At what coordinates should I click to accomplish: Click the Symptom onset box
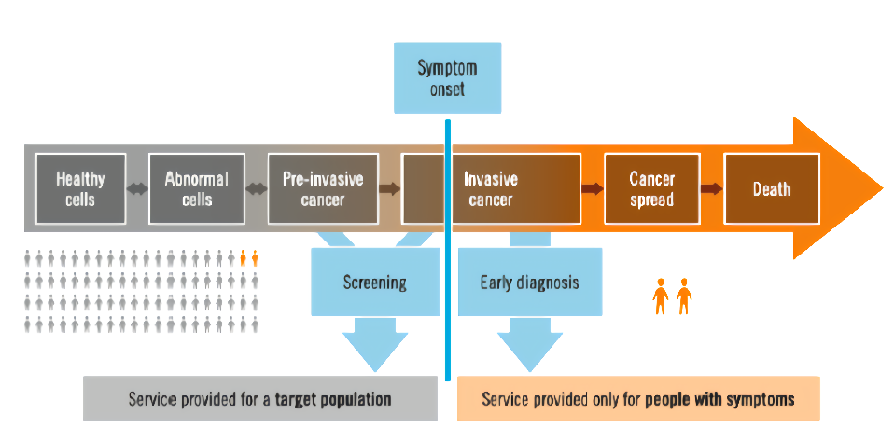[x=448, y=77]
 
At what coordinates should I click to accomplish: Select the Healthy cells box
[x=80, y=188]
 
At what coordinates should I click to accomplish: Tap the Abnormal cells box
[x=197, y=188]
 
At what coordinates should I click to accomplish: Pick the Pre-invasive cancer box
[x=323, y=188]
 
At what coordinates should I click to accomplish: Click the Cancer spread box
[x=651, y=188]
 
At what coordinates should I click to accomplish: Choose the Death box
[x=772, y=188]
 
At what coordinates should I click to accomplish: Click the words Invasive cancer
[x=491, y=189]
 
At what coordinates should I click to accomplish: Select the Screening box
[x=374, y=282]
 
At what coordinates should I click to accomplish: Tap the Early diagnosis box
[x=530, y=282]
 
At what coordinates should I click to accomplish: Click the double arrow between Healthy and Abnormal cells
[x=137, y=189]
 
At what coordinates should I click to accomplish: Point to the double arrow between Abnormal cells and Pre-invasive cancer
[x=257, y=189]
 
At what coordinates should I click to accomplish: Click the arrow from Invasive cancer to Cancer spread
[x=593, y=189]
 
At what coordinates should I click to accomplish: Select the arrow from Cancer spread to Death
[x=712, y=189]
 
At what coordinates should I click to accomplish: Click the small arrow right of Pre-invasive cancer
[x=390, y=189]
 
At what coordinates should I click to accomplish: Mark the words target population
[x=333, y=399]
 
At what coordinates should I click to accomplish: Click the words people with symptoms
[x=719, y=399]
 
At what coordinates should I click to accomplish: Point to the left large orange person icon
[x=661, y=296]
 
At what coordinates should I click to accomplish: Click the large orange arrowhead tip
[x=883, y=188]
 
